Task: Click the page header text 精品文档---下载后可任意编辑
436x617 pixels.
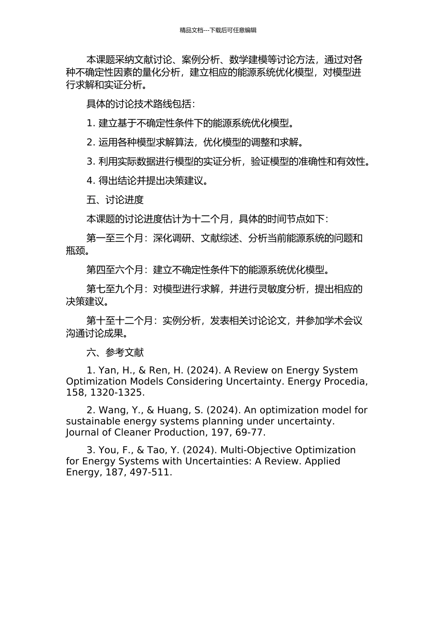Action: pos(218,30)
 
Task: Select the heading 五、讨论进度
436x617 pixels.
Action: pos(115,200)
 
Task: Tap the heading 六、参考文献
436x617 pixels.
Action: pos(115,352)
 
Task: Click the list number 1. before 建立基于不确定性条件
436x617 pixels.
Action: pos(90,123)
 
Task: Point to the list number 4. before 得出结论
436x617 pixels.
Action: pos(91,180)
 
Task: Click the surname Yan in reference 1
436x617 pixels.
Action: pos(108,370)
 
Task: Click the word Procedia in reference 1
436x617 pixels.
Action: pos(343,381)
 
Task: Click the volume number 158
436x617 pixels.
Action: pos(75,393)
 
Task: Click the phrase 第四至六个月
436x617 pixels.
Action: pos(115,269)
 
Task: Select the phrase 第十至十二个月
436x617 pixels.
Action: pos(120,320)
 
